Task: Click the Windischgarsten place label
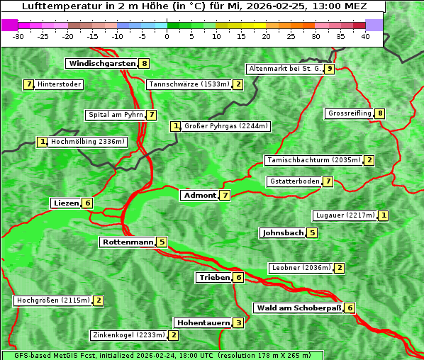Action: click(x=101, y=64)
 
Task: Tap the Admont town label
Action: click(x=199, y=195)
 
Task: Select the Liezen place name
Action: click(x=66, y=203)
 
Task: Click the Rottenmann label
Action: click(x=128, y=242)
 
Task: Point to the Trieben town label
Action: click(x=213, y=278)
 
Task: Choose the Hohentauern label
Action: click(x=203, y=323)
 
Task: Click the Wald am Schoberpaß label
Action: click(x=298, y=308)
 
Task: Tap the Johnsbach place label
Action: click(x=282, y=233)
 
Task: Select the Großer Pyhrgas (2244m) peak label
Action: click(x=225, y=127)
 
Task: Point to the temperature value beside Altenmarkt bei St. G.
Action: click(x=329, y=69)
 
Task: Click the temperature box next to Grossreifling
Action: click(x=380, y=113)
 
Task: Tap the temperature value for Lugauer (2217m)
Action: click(x=383, y=215)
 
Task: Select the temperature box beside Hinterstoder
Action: click(x=29, y=85)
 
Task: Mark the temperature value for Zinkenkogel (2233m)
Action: click(x=174, y=335)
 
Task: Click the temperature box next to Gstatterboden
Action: click(x=328, y=182)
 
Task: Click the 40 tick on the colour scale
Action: click(x=365, y=37)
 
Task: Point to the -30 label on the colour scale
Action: click(x=18, y=37)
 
